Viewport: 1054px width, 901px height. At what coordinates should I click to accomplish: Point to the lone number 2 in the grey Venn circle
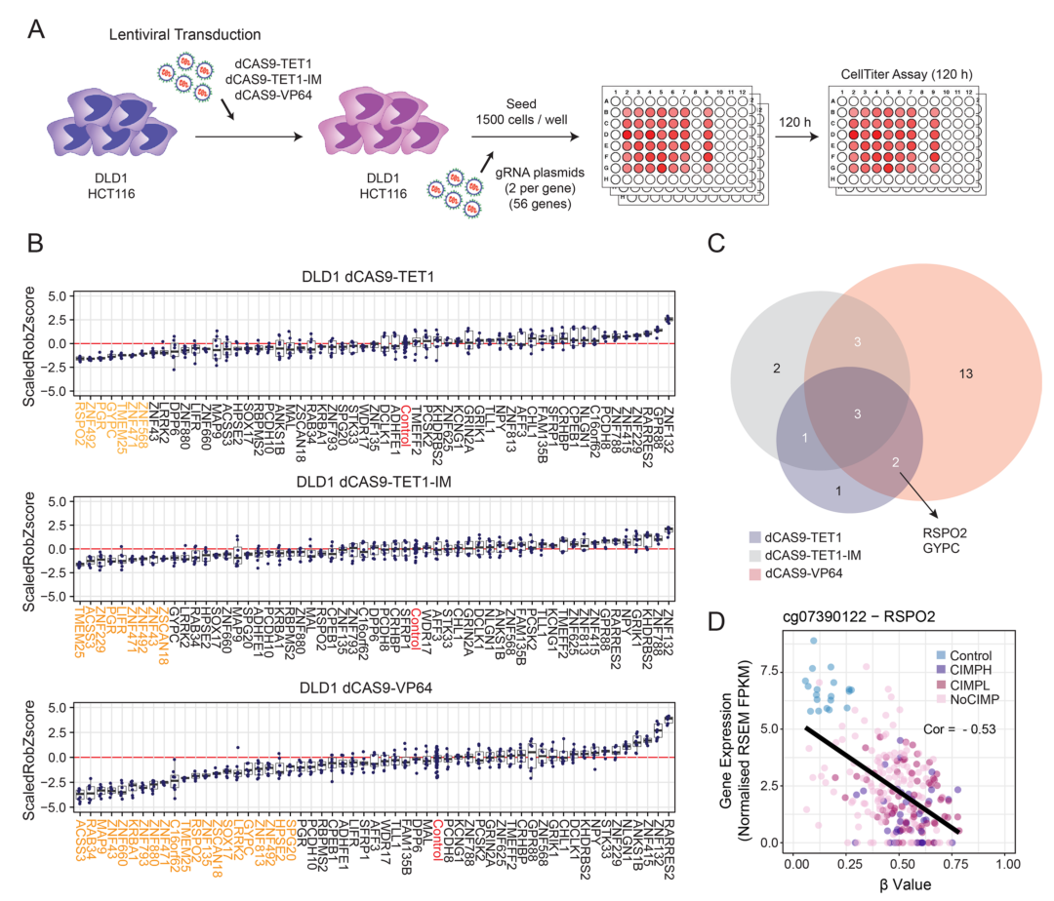point(776,368)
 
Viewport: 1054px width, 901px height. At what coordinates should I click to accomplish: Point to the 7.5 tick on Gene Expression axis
point(774,672)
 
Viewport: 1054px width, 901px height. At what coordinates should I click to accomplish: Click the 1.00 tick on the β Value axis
point(1007,864)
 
